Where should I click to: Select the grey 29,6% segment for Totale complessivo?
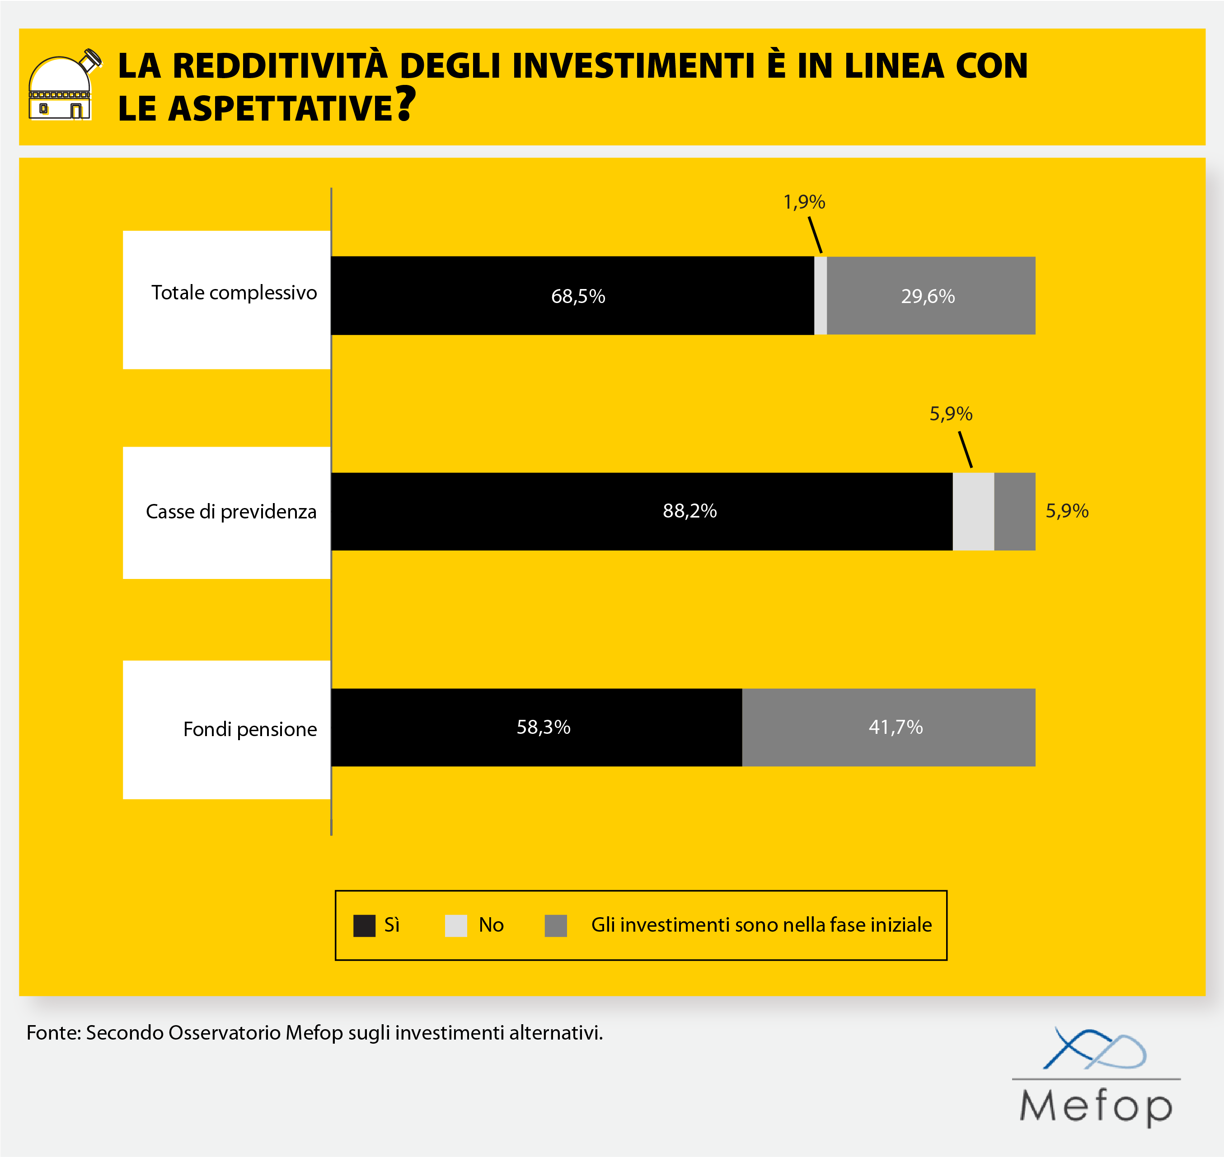(930, 295)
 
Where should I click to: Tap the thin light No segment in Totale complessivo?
(821, 295)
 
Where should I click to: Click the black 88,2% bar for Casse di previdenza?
(642, 511)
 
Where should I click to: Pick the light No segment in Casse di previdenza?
(973, 511)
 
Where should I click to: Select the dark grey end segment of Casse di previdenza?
(1014, 511)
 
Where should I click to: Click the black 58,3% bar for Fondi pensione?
(536, 727)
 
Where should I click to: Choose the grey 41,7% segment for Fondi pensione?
(888, 727)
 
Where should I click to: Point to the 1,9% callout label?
(804, 202)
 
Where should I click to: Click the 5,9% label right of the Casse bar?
(1067, 511)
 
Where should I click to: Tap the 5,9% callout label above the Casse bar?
(951, 413)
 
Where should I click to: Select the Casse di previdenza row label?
(231, 511)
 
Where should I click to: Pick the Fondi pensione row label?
(250, 729)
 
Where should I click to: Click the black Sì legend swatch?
(364, 926)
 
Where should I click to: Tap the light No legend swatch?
(456, 926)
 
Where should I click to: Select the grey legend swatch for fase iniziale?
(555, 926)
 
